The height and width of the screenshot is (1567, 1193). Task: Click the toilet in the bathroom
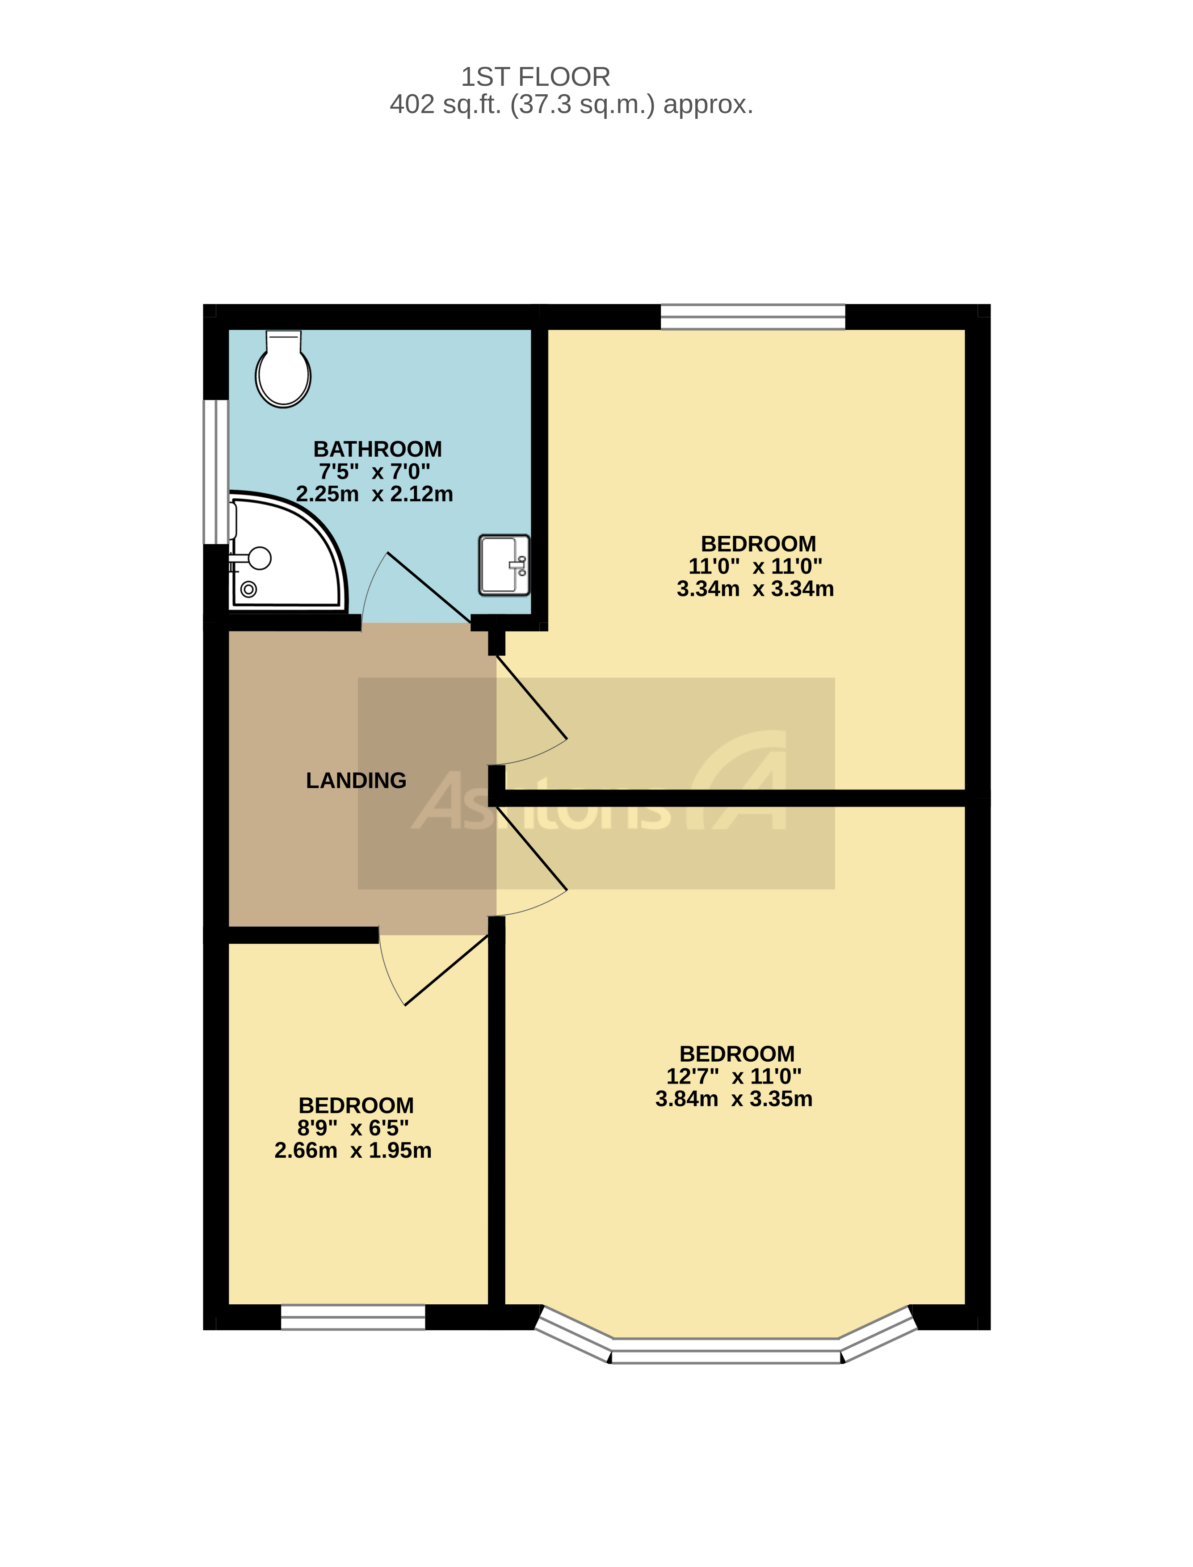283,370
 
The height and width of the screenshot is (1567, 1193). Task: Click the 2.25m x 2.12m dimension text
374,494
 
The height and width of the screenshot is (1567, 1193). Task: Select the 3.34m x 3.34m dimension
755,588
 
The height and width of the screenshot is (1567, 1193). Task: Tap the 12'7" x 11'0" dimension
734,1076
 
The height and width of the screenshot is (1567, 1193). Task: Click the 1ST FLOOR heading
535,77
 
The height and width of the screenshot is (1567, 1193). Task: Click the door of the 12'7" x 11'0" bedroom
531,849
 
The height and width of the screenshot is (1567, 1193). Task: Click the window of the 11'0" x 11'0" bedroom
753,317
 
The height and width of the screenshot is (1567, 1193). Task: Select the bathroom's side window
215,472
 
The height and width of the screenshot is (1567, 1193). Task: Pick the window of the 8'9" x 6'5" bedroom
353,1317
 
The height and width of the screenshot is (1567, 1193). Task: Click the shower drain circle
248,588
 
